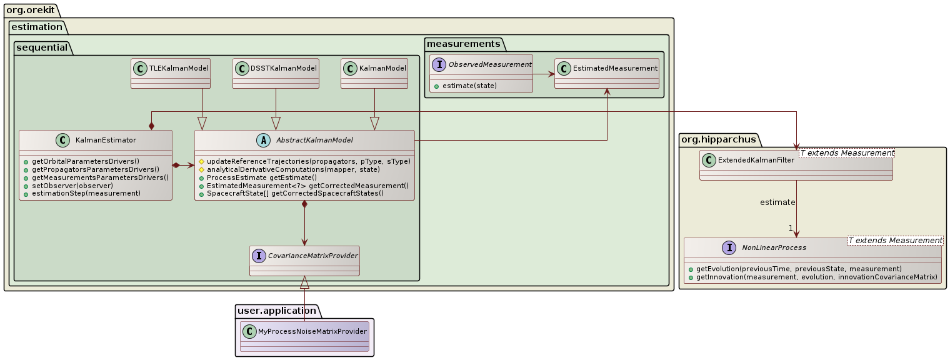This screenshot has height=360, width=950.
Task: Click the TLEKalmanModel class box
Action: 170,73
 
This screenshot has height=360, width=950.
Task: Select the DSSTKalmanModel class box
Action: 276,73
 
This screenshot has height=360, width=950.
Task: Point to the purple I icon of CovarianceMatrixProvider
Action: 259,256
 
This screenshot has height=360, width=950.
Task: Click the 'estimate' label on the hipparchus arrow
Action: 777,202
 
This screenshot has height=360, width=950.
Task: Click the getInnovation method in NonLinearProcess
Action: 812,277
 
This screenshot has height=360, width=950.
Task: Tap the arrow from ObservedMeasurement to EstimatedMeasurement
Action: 543,74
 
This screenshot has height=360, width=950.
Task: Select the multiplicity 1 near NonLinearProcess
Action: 791,227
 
